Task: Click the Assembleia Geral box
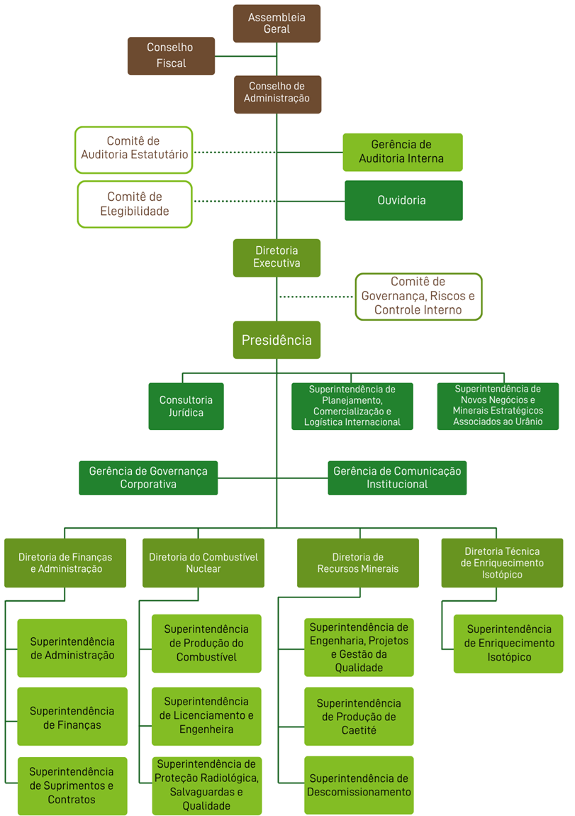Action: point(277,23)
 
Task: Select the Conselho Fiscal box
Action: point(171,56)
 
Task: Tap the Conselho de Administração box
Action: point(277,94)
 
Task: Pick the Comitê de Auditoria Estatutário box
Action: point(133,150)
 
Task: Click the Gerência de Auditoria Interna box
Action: point(402,152)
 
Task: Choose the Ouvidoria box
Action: point(403,200)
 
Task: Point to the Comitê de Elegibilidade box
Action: point(134,204)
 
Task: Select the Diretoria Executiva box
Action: point(277,258)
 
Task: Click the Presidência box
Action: point(277,340)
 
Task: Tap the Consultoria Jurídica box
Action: point(186,407)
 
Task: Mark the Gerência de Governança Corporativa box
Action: point(148,478)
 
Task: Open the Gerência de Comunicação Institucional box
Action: point(397,478)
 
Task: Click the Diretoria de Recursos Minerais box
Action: point(357,563)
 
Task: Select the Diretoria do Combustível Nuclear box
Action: point(203,563)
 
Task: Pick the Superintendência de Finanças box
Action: point(72,717)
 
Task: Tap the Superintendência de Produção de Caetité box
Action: point(359,717)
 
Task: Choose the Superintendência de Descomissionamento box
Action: point(359,785)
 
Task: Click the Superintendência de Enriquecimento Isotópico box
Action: point(508,644)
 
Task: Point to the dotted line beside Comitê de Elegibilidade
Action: point(234,202)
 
